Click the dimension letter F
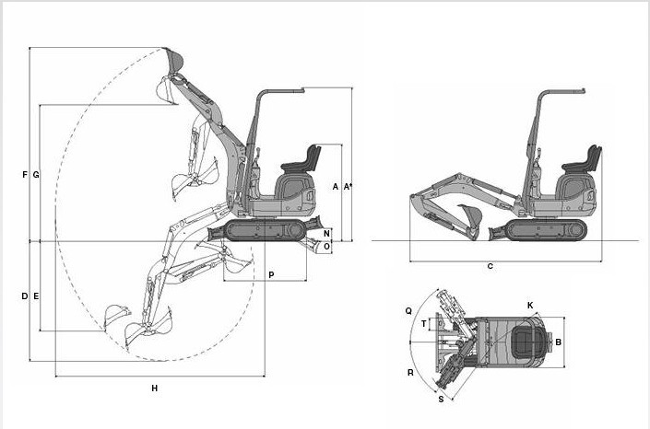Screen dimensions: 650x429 point(25,175)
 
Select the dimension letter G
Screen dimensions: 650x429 point(36,175)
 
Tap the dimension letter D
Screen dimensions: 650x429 point(25,296)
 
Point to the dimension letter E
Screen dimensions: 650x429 point(36,296)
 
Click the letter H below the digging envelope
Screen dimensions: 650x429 point(155,388)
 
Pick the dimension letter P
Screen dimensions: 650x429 point(271,274)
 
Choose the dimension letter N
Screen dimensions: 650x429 point(326,234)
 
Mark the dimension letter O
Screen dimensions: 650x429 point(326,247)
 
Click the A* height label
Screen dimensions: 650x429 point(348,186)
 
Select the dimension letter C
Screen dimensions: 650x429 point(490,266)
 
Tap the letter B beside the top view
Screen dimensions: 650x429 point(559,342)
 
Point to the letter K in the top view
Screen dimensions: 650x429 point(530,306)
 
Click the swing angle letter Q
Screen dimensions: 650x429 point(408,310)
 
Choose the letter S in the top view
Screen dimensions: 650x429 point(441,400)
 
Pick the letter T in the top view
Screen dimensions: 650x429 point(424,323)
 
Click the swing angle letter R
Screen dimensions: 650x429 point(410,373)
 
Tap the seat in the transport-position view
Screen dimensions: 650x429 point(584,160)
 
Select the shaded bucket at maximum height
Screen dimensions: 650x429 point(174,60)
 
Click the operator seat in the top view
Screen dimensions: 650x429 point(526,342)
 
